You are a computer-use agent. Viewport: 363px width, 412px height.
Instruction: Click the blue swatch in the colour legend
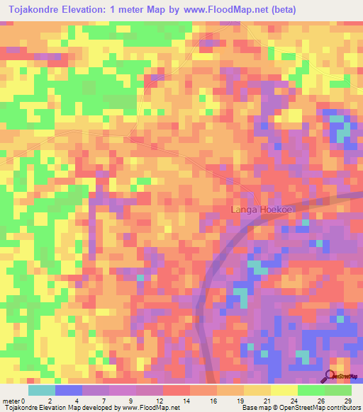point(68,390)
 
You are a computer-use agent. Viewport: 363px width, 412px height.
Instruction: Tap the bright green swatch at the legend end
point(337,390)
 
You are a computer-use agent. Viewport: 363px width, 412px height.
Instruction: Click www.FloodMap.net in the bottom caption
point(150,407)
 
